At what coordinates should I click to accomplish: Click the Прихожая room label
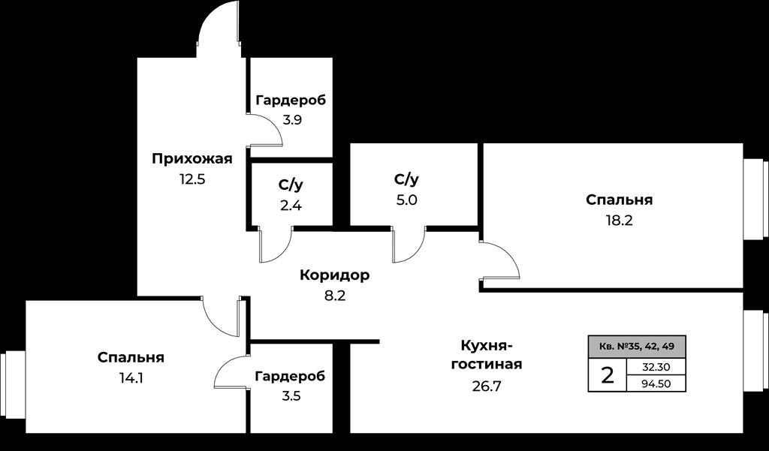[191, 159]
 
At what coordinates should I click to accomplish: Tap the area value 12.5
[191, 179]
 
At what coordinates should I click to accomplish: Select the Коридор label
[334, 275]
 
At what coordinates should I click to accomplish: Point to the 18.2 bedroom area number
[619, 221]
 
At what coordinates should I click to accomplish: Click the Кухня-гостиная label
[487, 355]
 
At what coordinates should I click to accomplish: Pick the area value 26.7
[486, 386]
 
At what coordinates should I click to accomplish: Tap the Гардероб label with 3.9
[291, 100]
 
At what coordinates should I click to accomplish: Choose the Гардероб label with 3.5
[291, 377]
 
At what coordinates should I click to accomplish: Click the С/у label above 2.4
[291, 185]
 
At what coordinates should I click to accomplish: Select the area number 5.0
[406, 200]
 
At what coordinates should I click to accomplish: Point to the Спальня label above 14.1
[131, 357]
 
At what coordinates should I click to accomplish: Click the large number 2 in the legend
[607, 376]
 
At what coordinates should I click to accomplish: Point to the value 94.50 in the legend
[656, 384]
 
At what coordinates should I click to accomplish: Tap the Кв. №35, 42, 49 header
[637, 347]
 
